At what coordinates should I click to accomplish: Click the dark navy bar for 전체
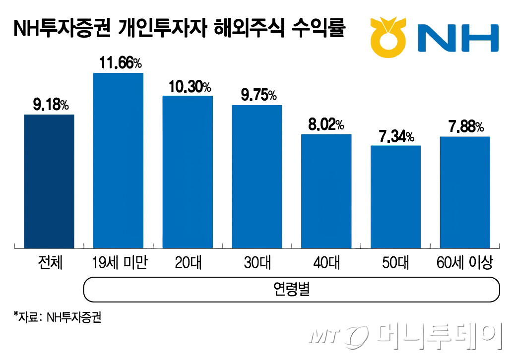click(49, 181)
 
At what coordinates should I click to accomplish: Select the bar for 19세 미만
click(118, 161)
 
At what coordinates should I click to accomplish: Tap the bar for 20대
click(188, 172)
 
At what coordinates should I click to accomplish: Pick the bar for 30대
click(257, 177)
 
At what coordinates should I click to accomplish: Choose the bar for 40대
click(326, 191)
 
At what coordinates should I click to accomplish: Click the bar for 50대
click(395, 197)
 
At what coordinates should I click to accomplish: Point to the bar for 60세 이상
click(465, 192)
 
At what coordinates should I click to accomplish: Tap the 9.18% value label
click(49, 105)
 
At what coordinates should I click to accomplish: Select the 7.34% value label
click(395, 136)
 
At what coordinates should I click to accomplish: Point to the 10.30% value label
click(188, 87)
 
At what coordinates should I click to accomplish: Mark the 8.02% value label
click(326, 125)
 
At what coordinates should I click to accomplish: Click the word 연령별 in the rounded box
click(292, 289)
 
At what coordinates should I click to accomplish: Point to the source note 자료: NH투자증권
click(59, 318)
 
